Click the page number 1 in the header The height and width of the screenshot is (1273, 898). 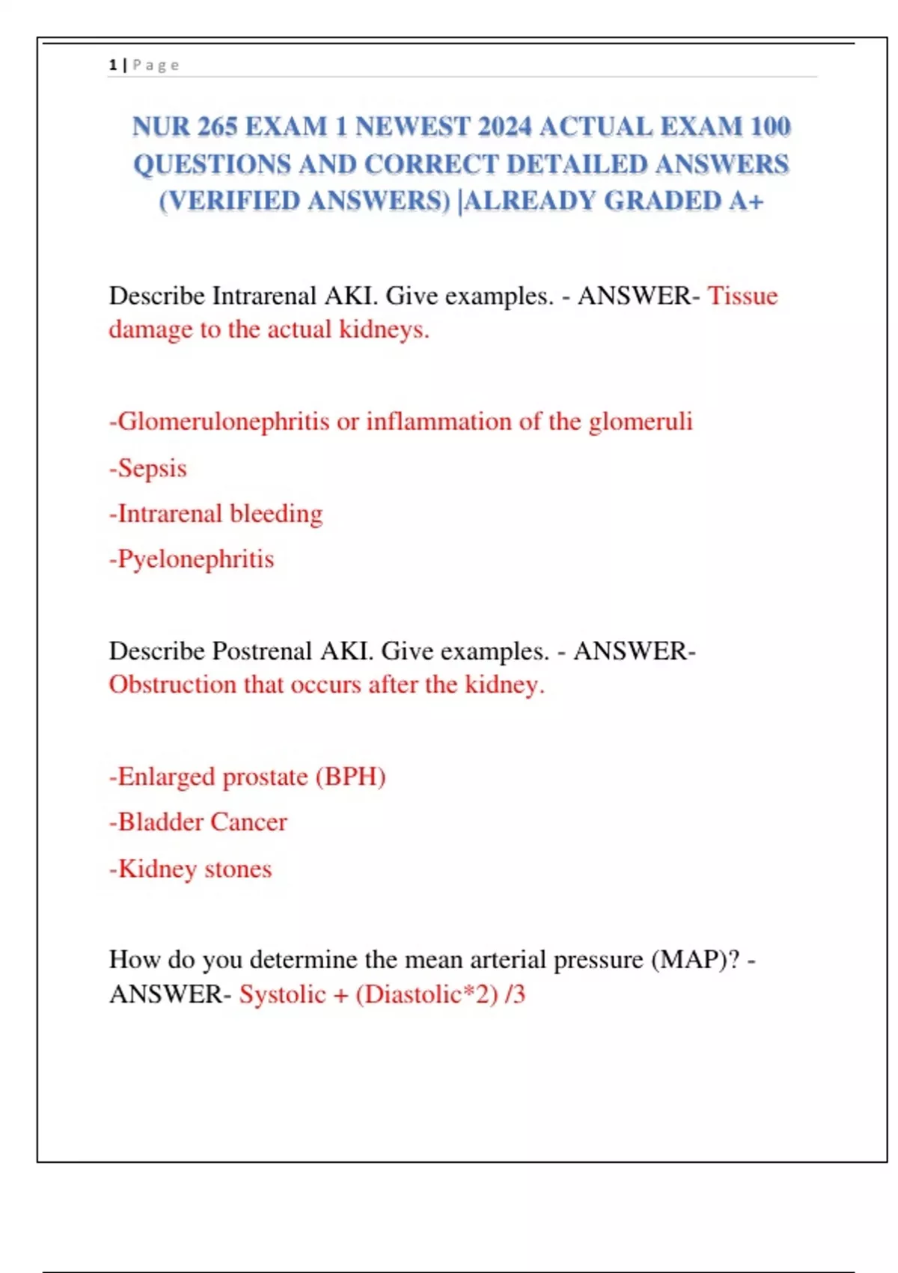(113, 65)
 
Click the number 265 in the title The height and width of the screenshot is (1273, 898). (217, 127)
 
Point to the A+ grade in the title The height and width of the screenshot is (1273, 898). (745, 201)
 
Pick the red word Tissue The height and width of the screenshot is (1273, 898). (743, 296)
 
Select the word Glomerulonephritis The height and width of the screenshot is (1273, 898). (223, 422)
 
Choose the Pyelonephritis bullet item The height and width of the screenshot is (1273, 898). (192, 559)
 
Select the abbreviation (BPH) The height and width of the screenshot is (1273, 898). (350, 777)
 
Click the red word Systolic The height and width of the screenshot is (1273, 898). (282, 994)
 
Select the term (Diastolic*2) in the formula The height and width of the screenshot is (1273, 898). (427, 994)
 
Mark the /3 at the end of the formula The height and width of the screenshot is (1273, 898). (516, 994)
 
